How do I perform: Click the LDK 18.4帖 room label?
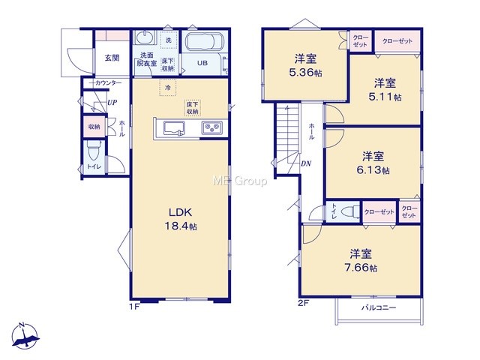click(181, 219)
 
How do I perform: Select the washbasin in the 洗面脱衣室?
click(143, 38)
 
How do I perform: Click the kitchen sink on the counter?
click(174, 128)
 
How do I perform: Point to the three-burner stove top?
click(211, 127)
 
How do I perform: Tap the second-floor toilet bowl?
click(350, 211)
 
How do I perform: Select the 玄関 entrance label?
click(112, 58)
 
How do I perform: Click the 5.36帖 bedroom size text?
click(305, 73)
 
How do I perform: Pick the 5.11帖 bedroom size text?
click(385, 97)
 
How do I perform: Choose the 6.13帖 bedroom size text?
click(373, 169)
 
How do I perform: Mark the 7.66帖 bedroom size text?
click(361, 268)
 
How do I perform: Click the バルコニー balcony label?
click(379, 307)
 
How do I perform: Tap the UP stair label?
click(112, 103)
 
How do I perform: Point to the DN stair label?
click(305, 163)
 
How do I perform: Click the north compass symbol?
click(25, 336)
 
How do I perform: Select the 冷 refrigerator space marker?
click(168, 88)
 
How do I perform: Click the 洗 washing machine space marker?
click(169, 40)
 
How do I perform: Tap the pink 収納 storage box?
click(94, 127)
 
